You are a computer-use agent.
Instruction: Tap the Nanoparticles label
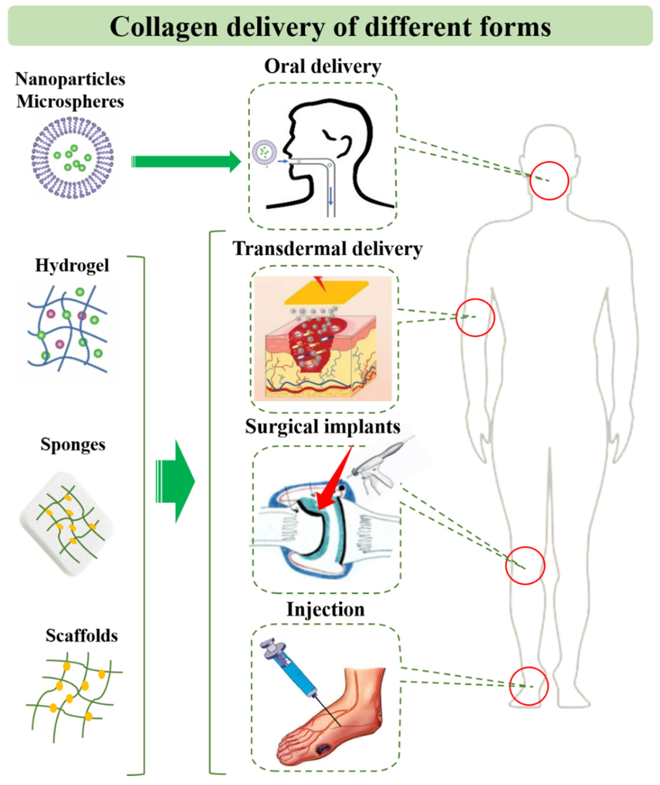click(x=70, y=79)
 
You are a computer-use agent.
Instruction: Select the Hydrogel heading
click(x=72, y=266)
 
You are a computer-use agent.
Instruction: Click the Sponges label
click(x=73, y=444)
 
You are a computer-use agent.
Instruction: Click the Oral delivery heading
click(x=322, y=67)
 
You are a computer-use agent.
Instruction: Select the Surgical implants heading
click(x=322, y=426)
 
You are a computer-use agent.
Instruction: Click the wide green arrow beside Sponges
click(x=176, y=482)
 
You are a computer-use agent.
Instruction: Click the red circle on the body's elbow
click(x=475, y=317)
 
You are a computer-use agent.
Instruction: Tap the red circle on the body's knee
click(x=525, y=565)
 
